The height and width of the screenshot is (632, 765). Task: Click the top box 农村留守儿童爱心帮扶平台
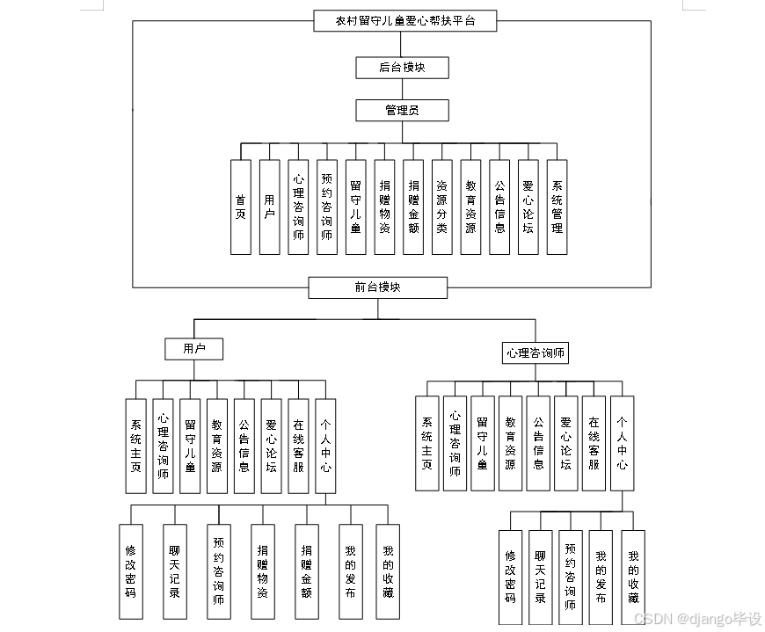click(405, 21)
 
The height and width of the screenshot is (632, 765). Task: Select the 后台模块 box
click(403, 67)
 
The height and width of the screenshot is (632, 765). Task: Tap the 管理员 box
click(403, 110)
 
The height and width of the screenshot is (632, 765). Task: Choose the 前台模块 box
click(378, 287)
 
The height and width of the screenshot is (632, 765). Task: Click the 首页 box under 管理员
click(241, 207)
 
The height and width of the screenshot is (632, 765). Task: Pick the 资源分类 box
click(442, 207)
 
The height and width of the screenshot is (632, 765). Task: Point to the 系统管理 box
click(557, 207)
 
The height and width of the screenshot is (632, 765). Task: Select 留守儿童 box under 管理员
click(355, 207)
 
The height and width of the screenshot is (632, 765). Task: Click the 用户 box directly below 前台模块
click(193, 349)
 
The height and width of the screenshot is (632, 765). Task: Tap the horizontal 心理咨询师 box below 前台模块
click(535, 353)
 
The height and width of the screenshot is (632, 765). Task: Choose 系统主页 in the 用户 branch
click(135, 446)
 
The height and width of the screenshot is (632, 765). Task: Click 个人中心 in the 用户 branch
click(325, 446)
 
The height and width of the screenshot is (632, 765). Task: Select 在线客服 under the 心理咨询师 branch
click(594, 443)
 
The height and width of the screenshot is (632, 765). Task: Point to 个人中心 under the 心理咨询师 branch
click(622, 443)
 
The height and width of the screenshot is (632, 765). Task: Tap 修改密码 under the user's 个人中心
click(130, 571)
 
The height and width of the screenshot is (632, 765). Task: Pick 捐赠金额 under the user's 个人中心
click(306, 571)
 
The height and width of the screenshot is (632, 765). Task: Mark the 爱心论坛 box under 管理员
click(528, 207)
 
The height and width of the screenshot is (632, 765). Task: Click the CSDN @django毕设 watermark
click(696, 619)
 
